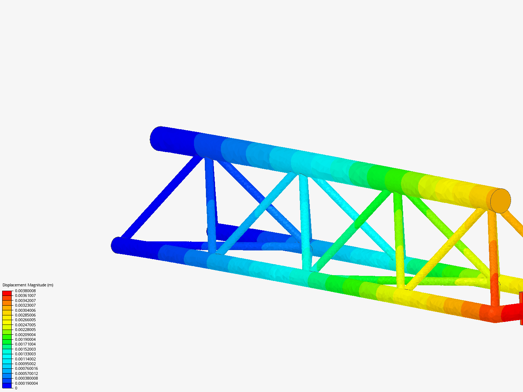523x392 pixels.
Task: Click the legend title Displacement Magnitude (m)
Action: [x=28, y=285]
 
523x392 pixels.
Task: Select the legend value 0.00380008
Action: [x=25, y=291]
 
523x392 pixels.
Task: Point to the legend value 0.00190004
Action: [x=25, y=339]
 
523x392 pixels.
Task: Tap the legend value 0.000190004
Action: [x=26, y=383]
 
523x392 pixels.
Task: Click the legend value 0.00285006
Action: [x=25, y=315]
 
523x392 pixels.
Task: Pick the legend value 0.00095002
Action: [x=25, y=364]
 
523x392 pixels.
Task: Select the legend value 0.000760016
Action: [x=26, y=368]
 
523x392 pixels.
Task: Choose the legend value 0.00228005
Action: [x=25, y=330]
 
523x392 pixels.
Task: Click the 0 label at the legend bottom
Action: [x=16, y=388]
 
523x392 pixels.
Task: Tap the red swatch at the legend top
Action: [x=7, y=293]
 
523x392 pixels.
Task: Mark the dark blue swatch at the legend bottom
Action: [x=7, y=385]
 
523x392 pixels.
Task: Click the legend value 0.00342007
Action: [x=25, y=301]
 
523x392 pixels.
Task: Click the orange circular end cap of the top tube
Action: [x=501, y=201]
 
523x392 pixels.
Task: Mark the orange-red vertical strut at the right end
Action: [x=493, y=258]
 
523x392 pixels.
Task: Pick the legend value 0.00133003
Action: [x=25, y=354]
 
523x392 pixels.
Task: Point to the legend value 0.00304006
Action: [x=25, y=310]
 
